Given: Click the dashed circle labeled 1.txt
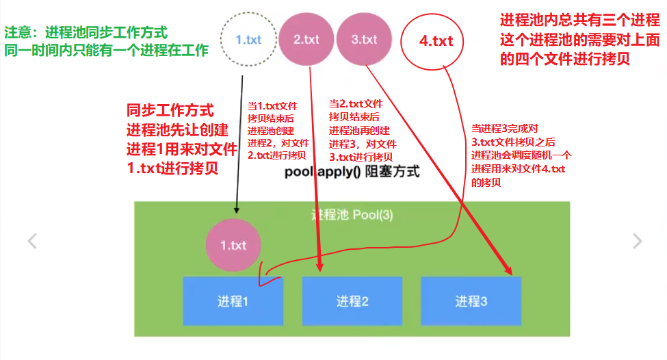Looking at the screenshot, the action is click(x=248, y=39).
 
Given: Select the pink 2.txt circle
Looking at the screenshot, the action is click(x=306, y=39).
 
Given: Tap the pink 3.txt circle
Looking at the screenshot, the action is click(x=364, y=39).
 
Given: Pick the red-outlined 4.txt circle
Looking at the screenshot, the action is click(x=436, y=41).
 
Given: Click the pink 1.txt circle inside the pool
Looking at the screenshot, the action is click(x=233, y=244).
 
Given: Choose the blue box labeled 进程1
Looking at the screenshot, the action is click(x=233, y=300).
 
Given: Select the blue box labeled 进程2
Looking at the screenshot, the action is click(x=352, y=300).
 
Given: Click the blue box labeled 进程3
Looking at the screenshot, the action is click(x=471, y=300).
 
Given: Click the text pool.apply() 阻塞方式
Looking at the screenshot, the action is click(x=352, y=172).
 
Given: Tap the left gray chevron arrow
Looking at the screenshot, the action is click(x=31, y=241).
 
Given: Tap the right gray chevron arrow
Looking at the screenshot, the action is click(x=638, y=241).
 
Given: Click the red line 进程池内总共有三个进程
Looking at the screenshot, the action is click(x=580, y=21).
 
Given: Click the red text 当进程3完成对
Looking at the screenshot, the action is click(x=506, y=128).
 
